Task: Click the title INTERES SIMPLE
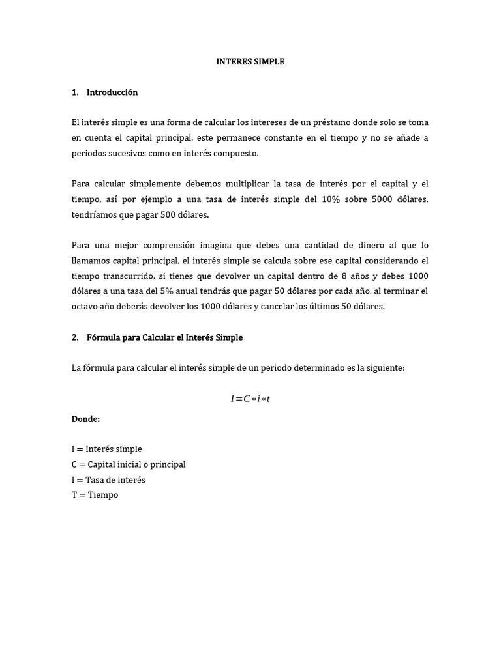coord(250,62)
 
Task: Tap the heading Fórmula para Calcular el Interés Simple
coord(164,337)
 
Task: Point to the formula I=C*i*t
coord(250,399)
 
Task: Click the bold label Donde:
coord(85,419)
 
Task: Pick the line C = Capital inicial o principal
coord(129,464)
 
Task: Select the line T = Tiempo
coord(95,495)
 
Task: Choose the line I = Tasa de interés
coord(108,480)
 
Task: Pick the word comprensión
coord(164,246)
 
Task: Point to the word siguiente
coord(385,368)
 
